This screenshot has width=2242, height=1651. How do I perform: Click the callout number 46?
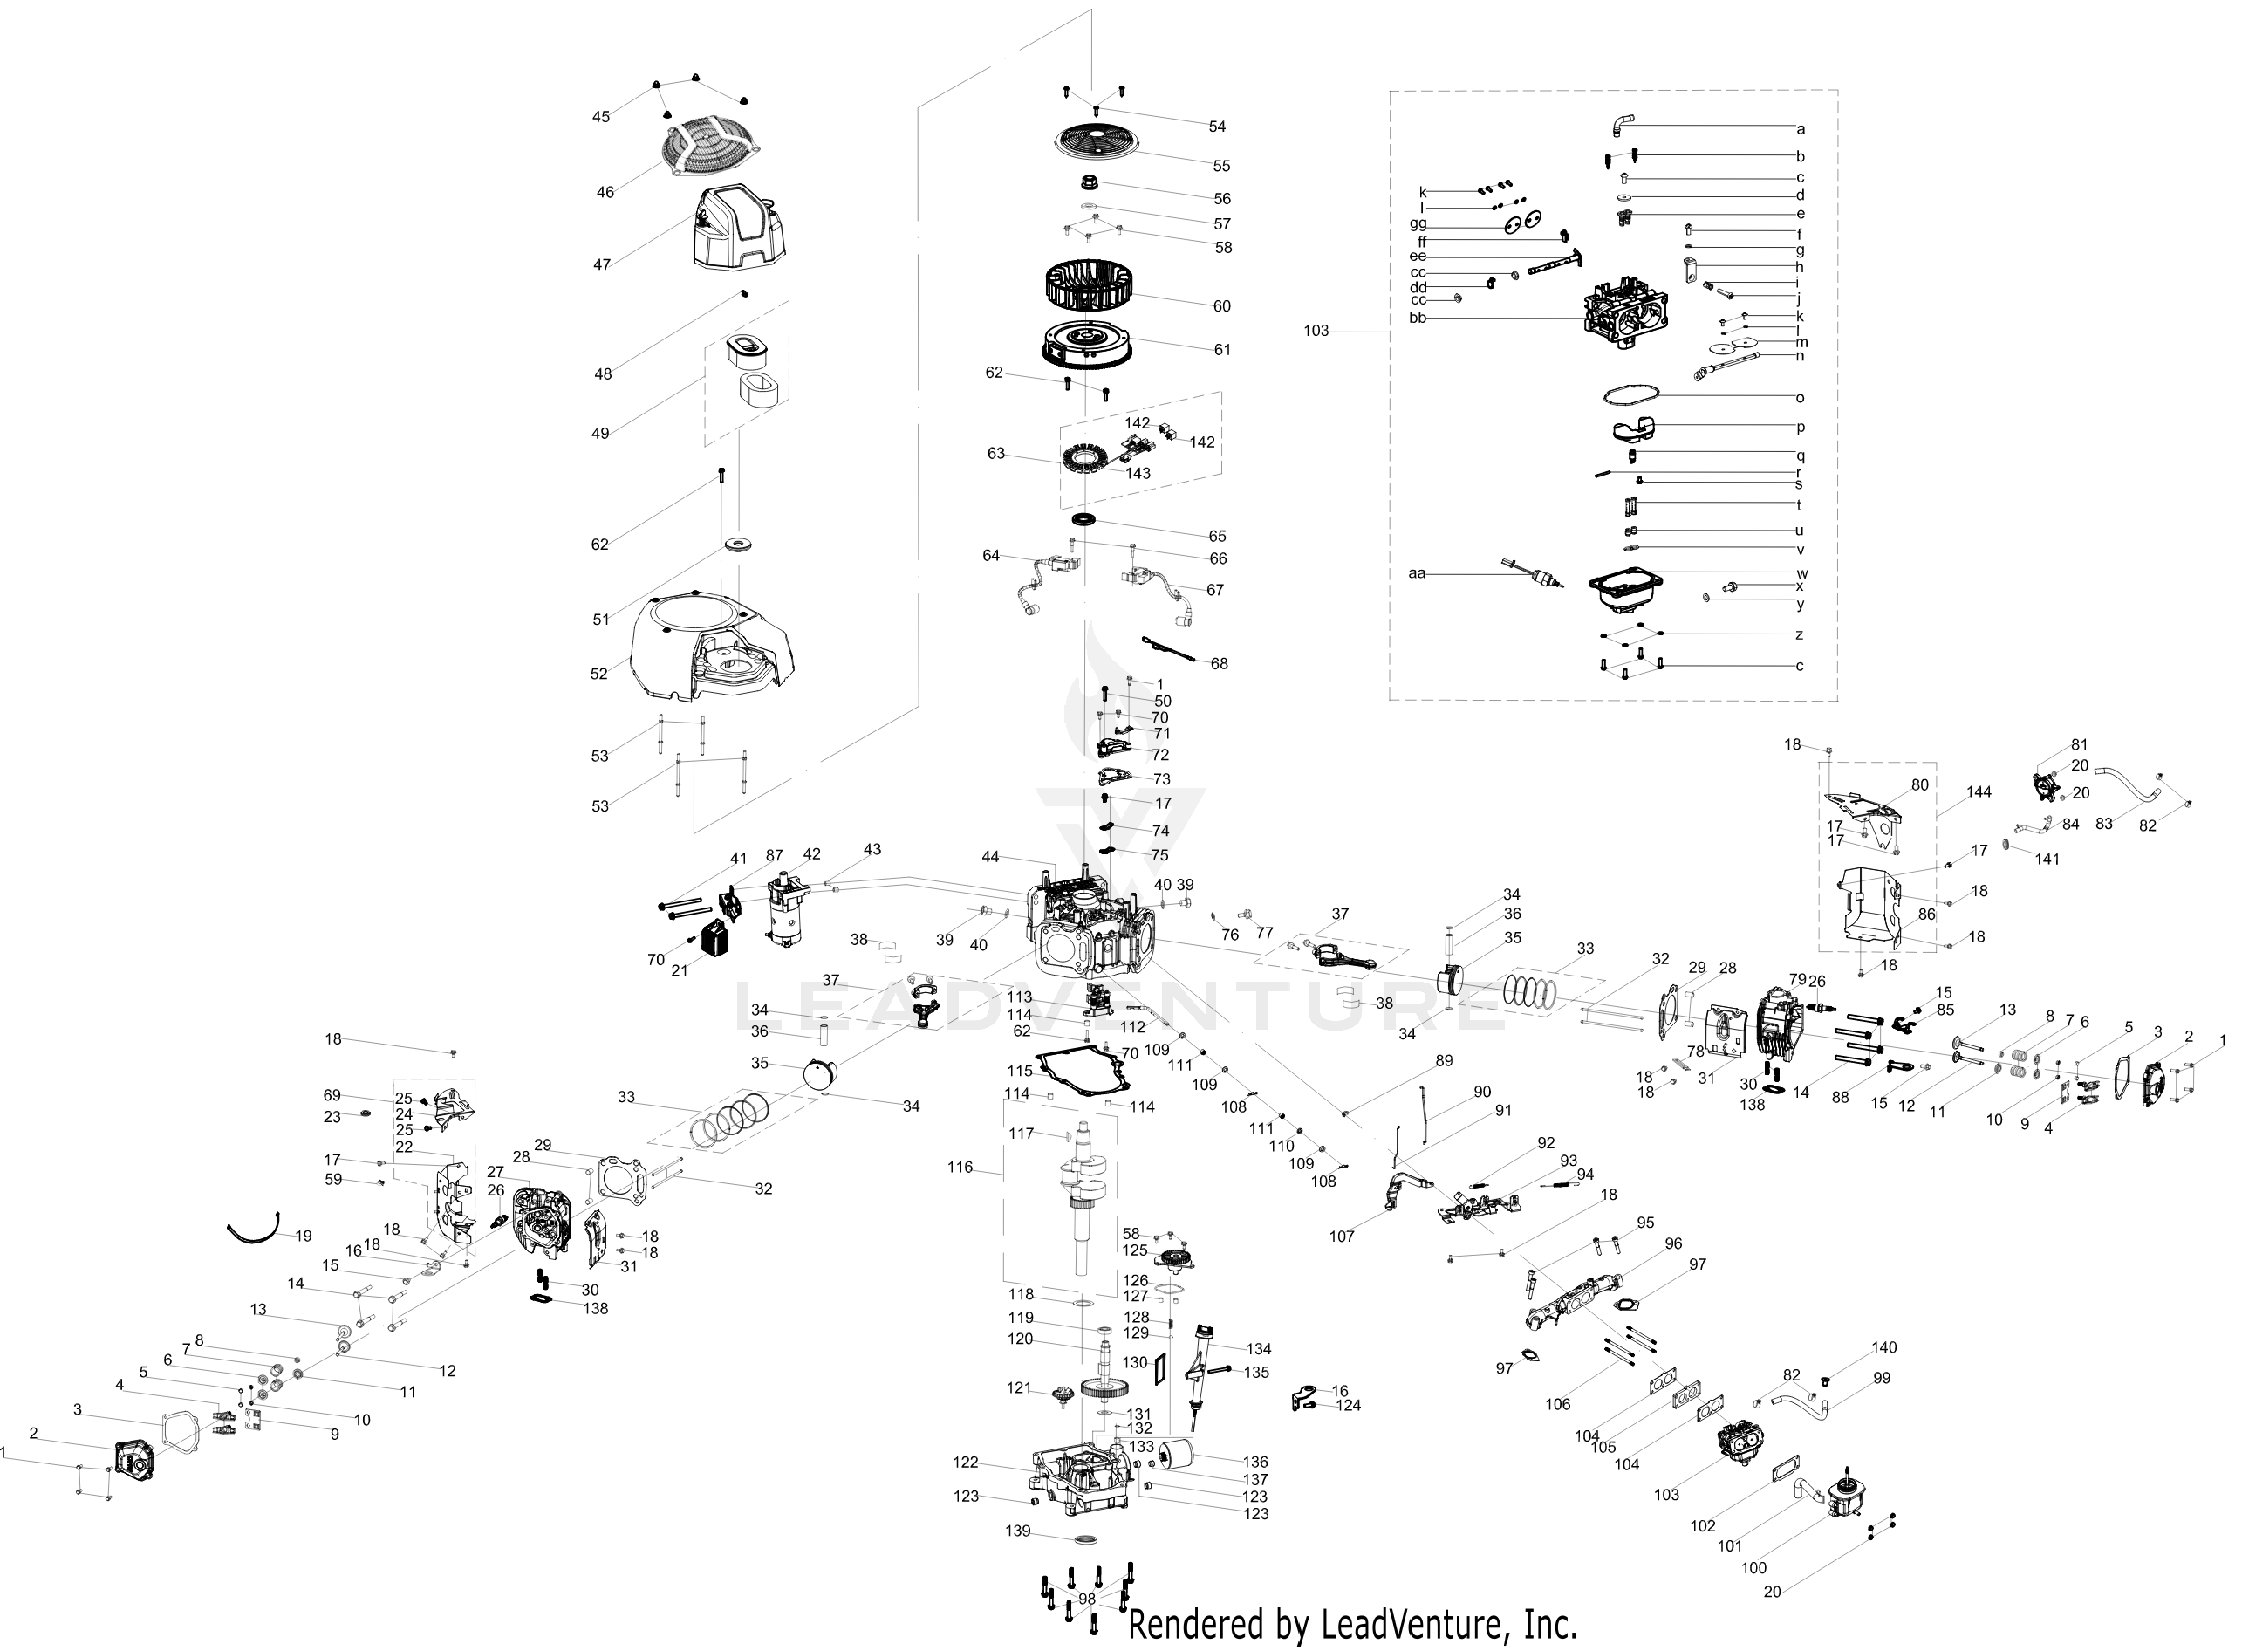click(605, 192)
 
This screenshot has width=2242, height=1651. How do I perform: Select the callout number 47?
click(601, 264)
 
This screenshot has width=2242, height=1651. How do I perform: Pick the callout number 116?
click(960, 1168)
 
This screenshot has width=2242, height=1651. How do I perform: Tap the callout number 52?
click(599, 674)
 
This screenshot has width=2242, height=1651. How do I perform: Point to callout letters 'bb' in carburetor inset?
click(1418, 318)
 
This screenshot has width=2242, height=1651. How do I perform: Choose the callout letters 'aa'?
click(1418, 573)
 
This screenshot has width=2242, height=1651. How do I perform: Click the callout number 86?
click(1926, 915)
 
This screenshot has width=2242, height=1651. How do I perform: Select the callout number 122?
click(966, 1463)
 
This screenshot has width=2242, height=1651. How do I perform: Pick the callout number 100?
click(1753, 1568)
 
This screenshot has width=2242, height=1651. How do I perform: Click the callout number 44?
click(990, 857)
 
